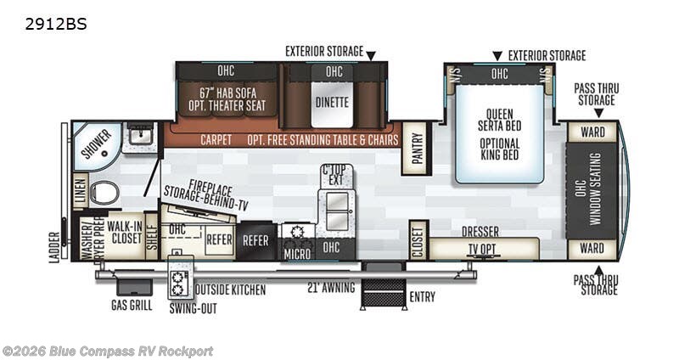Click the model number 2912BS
coord(56,24)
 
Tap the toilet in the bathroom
coord(104,193)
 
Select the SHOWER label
coord(97,144)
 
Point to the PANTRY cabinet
coord(417,148)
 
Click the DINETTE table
coord(332,103)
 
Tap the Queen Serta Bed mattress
coord(499,134)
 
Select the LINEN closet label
coord(81,191)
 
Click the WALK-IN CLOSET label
coord(125,232)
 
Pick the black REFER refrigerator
coord(256,241)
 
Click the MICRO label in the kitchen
coord(297,254)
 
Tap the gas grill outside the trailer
coord(134,286)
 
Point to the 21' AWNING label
coord(331,287)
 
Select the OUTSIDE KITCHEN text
coord(230,290)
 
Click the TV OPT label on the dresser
coord(482,249)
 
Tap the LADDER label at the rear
coord(54,247)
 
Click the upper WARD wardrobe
coord(592,132)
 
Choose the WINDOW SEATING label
coord(595,188)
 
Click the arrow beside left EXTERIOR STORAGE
coord(371,55)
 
